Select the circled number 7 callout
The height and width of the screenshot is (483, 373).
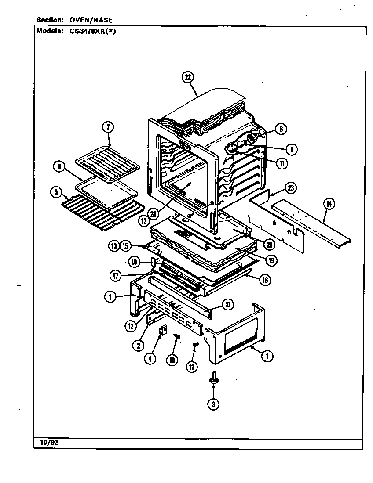[x=108, y=127]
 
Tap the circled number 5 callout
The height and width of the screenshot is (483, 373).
[x=55, y=191]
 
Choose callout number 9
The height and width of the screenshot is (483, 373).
[x=291, y=149]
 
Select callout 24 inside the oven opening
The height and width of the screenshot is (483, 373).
[x=153, y=214]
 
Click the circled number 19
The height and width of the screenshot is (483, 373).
[x=272, y=260]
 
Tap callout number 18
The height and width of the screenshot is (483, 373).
[x=265, y=280]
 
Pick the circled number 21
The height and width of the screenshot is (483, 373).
[x=228, y=304]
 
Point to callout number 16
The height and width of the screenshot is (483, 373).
[x=134, y=262]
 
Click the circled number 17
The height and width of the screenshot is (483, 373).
[x=116, y=276]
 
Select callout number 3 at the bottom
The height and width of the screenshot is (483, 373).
[x=213, y=404]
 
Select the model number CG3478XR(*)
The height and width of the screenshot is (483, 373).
[x=92, y=31]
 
